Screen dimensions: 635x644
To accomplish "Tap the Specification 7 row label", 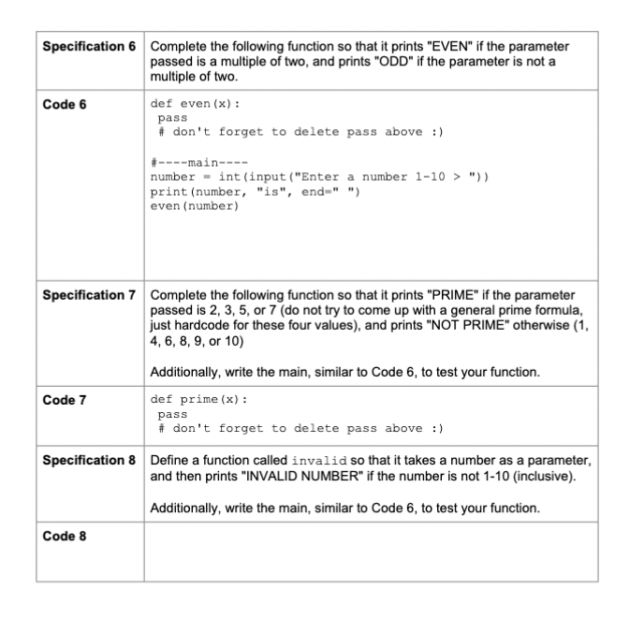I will click(x=90, y=296).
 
